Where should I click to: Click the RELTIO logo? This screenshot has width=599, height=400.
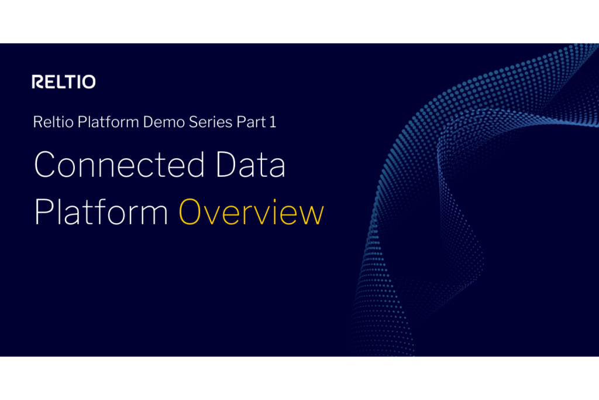coord(64,82)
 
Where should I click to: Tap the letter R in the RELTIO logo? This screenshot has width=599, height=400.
coord(38,82)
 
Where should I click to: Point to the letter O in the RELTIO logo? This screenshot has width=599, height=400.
coord(89,82)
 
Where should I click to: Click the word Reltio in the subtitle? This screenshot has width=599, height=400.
coord(53,122)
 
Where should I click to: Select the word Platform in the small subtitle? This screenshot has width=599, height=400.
coord(108,122)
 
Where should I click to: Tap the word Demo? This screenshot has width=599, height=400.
coord(164,122)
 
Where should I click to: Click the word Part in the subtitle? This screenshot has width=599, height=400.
coord(252,122)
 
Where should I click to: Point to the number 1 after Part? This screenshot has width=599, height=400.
coord(273,122)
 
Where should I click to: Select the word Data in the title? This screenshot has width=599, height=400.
coord(250,165)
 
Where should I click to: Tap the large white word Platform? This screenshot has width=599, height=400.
coord(101,211)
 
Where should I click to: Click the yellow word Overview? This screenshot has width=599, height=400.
coord(252,212)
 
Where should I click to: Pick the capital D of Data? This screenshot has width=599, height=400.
coord(228,165)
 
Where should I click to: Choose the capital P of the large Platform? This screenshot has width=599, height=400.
coord(44,212)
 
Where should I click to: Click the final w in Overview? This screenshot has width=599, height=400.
coord(311,215)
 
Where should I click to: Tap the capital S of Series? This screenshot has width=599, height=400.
coord(193,122)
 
